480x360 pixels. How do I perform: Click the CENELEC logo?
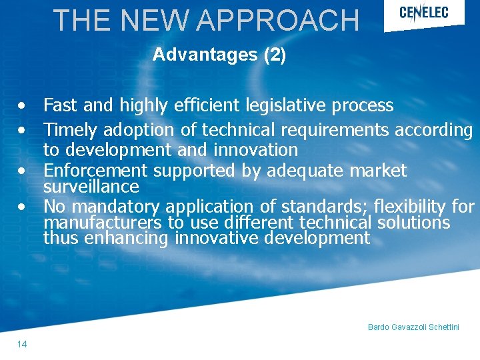424,13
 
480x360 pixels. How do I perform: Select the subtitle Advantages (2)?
219,55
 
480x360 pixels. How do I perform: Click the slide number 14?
22,344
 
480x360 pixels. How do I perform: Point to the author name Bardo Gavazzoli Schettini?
413,327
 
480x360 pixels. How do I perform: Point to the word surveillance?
91,186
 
